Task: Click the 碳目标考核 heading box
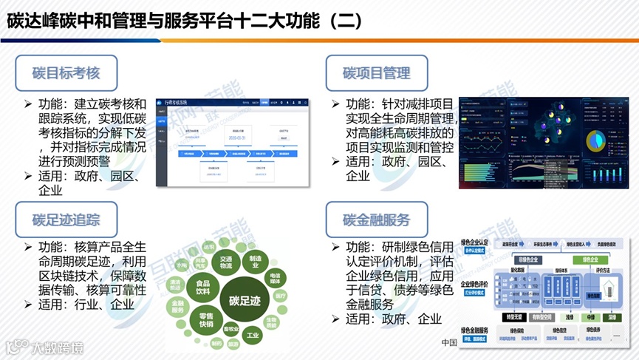click(x=66, y=73)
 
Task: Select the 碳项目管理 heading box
click(x=377, y=73)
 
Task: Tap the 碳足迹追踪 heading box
click(x=66, y=220)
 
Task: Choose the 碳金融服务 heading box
click(x=377, y=220)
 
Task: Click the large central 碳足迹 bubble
click(x=245, y=301)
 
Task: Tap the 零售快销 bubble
click(x=201, y=319)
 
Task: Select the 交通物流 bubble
click(x=226, y=261)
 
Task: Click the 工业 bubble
click(x=254, y=336)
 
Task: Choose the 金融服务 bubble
click(x=177, y=307)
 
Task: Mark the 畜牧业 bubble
click(x=231, y=330)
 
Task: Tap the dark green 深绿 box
click(x=612, y=318)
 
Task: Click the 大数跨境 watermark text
click(x=52, y=347)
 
